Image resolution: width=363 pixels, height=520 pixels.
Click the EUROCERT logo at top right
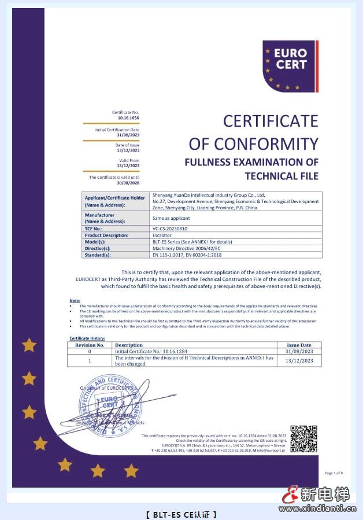tap(290, 66)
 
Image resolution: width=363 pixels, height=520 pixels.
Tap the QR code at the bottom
tap(303, 439)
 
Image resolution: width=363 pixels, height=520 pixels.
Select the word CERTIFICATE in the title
tap(271, 121)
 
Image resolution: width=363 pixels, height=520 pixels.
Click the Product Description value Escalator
tap(162, 235)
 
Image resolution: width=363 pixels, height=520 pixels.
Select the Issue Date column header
tap(299, 345)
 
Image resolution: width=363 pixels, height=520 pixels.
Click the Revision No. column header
tap(90, 345)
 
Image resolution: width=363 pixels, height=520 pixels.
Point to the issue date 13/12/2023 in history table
tap(299, 361)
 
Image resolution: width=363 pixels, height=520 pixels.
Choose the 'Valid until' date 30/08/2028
tap(128, 183)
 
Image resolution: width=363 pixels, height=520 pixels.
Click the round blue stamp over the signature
tap(109, 405)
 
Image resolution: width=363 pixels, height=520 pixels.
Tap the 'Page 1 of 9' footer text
tap(334, 473)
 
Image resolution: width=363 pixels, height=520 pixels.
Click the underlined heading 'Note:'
tap(75, 301)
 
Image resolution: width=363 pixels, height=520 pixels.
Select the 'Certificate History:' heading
tap(87, 338)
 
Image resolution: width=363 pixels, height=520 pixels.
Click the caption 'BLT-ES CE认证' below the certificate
tap(181, 514)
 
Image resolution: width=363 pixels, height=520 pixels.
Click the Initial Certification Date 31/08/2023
tap(128, 135)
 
